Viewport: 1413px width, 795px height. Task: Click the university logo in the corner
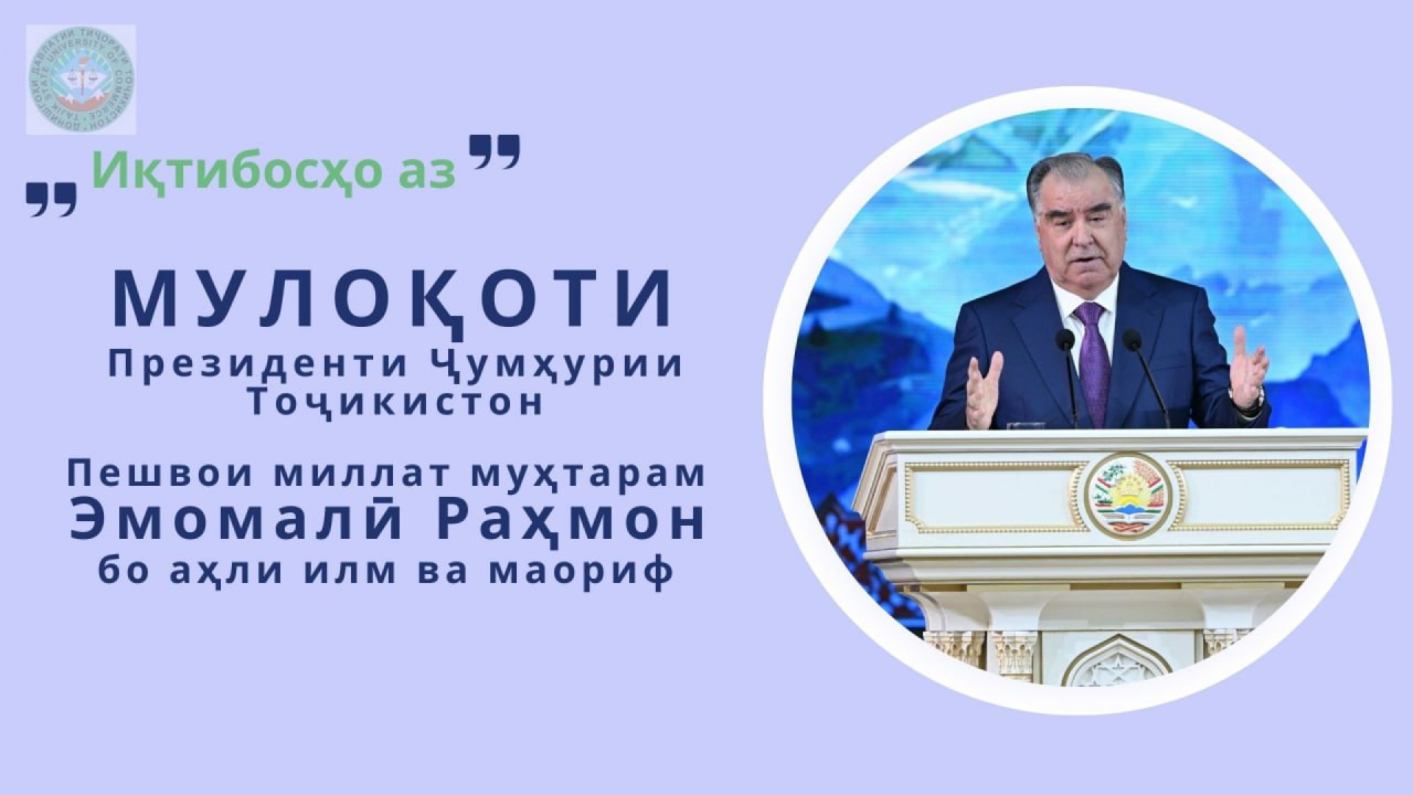(81, 79)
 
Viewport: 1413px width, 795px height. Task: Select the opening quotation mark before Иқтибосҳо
(52, 199)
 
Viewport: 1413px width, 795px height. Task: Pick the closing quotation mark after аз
(495, 151)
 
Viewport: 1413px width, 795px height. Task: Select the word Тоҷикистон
(396, 403)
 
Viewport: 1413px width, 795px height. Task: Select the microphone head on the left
(1065, 340)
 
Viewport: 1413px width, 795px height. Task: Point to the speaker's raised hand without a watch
(983, 391)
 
